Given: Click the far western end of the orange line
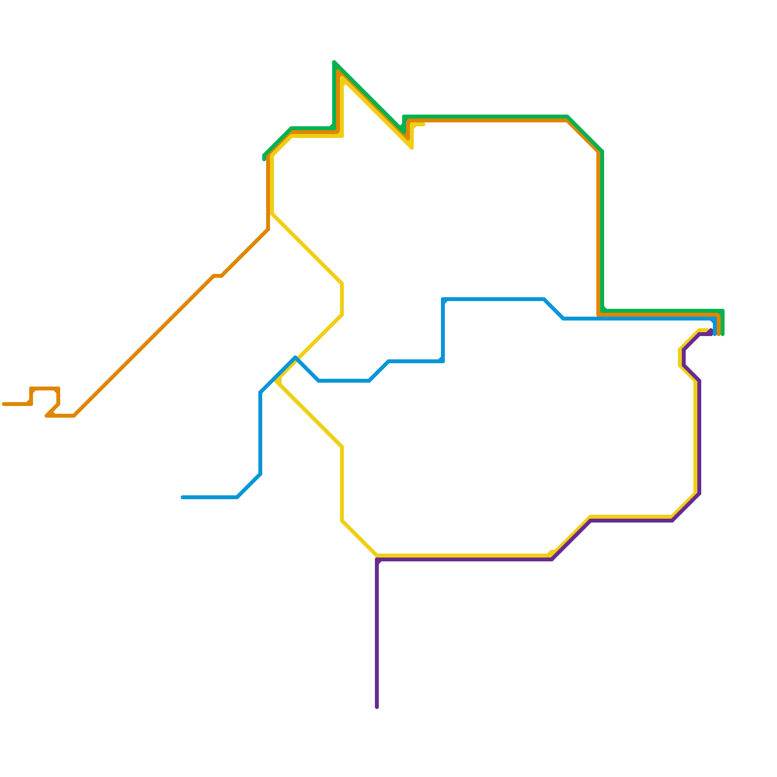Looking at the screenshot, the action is tap(4, 404).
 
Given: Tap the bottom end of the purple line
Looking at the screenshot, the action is tap(377, 707).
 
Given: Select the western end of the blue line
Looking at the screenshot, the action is tap(183, 497).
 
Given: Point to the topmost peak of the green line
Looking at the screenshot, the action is tap(335, 62).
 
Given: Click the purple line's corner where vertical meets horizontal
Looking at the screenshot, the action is tap(377, 560).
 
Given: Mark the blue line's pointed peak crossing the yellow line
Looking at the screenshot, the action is tap(295, 358).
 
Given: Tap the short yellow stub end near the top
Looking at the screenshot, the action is tap(423, 125).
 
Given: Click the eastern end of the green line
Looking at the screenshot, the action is tap(723, 334).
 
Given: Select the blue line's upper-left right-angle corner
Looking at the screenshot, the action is tap(443, 299).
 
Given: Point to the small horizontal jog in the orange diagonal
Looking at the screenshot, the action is tap(218, 276).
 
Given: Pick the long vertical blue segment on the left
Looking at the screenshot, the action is tap(261, 432).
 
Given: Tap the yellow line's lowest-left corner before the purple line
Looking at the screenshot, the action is tap(342, 521).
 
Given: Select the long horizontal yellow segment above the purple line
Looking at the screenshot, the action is tap(461, 555).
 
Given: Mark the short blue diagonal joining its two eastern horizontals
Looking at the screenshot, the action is tap(554, 309).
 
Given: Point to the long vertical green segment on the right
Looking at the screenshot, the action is tap(602, 228).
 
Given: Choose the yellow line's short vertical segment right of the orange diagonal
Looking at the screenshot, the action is tap(342, 299).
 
